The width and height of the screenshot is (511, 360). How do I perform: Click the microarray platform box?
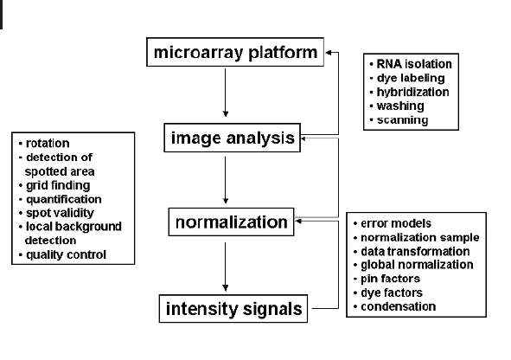point(235,52)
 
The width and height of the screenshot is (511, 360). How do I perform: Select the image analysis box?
point(232,138)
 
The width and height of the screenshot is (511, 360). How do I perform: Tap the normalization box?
point(231,222)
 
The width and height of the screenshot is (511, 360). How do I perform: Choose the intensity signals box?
point(233,308)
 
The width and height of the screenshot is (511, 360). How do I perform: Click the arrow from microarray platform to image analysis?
point(225,93)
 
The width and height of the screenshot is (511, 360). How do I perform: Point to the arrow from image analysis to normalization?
point(225,180)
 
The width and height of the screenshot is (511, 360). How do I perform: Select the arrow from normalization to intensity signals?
point(225,267)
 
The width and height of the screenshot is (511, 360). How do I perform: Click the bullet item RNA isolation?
point(411,64)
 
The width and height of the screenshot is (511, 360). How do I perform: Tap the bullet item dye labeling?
point(407,78)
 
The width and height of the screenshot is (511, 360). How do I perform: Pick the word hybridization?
point(413,92)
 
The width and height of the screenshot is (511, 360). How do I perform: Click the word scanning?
point(402,120)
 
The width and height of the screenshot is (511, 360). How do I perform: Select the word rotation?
point(48,143)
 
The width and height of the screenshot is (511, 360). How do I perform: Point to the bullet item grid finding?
point(54,185)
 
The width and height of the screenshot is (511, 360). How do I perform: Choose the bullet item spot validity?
point(56,213)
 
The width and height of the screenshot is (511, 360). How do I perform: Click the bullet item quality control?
point(62,254)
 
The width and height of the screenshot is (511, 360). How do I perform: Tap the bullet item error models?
point(393,223)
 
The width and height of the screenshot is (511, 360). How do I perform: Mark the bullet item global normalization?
point(413,265)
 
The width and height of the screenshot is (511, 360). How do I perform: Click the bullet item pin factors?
point(386,279)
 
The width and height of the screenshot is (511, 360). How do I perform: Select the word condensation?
point(399,306)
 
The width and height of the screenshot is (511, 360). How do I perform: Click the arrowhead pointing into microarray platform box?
point(329,52)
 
